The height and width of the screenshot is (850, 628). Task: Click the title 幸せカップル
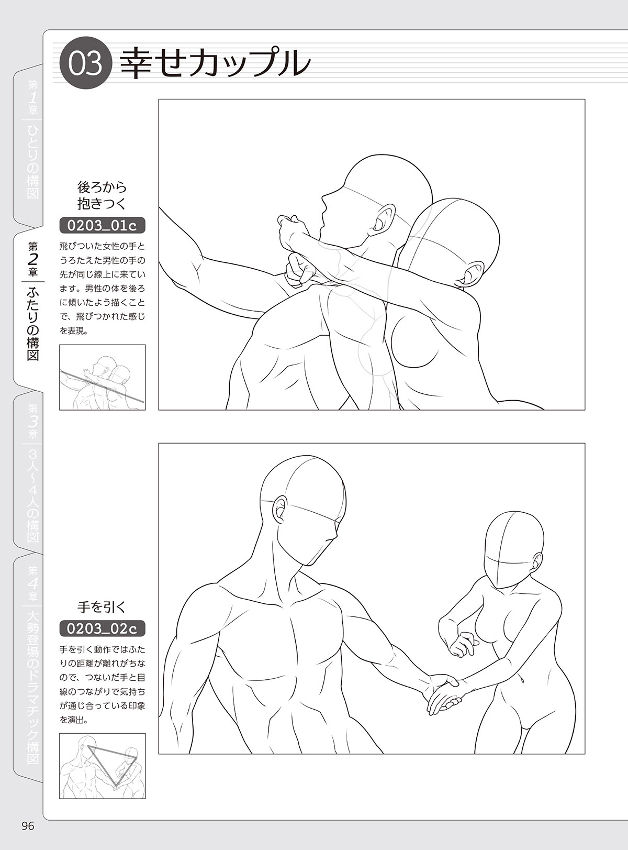(215, 64)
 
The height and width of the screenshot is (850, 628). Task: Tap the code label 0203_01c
(102, 226)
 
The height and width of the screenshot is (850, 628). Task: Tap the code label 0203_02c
(102, 628)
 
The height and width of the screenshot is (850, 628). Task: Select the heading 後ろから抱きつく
(102, 195)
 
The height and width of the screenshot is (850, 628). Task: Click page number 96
(27, 826)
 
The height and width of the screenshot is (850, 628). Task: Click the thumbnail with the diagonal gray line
(103, 377)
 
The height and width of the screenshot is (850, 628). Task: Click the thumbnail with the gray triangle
(103, 766)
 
